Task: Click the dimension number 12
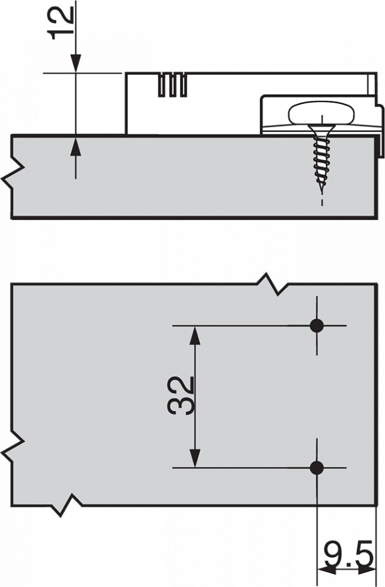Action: pyautogui.click(x=62, y=23)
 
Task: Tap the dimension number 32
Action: pyautogui.click(x=181, y=396)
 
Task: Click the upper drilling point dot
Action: pyautogui.click(x=317, y=326)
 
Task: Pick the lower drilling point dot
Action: pyautogui.click(x=317, y=467)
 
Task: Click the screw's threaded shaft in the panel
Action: pyautogui.click(x=321, y=161)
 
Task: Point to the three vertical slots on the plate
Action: pyautogui.click(x=173, y=84)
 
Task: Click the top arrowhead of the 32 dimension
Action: pyautogui.click(x=194, y=335)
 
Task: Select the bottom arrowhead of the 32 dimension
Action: pyautogui.click(x=194, y=458)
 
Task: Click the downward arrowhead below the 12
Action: pyautogui.click(x=76, y=63)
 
